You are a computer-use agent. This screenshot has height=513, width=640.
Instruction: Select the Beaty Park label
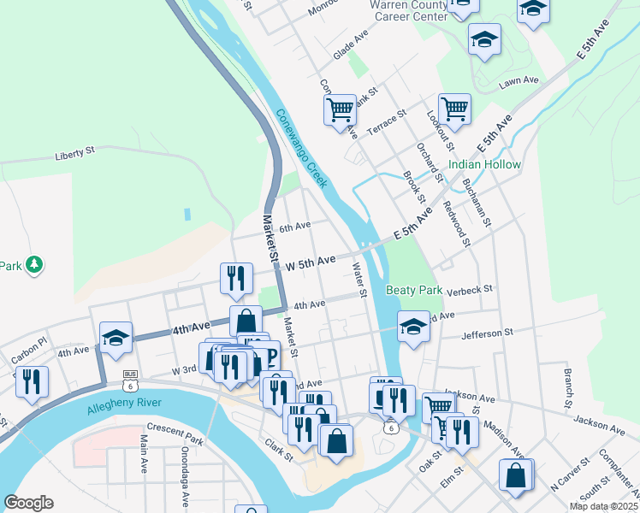[414, 290]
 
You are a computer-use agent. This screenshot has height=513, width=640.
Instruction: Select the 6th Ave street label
[294, 227]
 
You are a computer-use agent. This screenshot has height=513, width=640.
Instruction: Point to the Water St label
[359, 280]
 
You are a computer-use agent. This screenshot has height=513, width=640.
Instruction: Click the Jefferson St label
[486, 332]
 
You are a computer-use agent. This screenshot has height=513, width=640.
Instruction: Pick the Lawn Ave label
[519, 80]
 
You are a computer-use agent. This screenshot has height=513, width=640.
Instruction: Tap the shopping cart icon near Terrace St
[340, 109]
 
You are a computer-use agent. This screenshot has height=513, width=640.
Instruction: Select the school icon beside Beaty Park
[413, 327]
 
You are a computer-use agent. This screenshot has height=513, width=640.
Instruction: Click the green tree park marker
[34, 264]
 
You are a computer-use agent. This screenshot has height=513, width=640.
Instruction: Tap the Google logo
[28, 503]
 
